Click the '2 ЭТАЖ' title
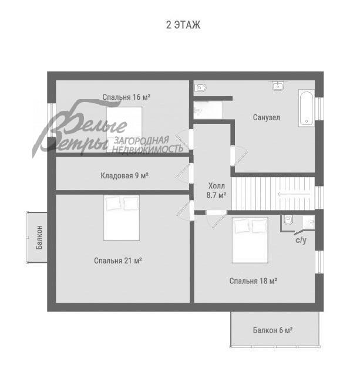[x=183, y=25]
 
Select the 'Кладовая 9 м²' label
[x=124, y=175]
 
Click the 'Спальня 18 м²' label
[x=253, y=281]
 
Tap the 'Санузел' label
[x=267, y=117]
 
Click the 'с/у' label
[x=301, y=240]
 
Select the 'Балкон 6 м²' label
[x=272, y=330]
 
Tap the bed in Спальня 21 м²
[x=122, y=217]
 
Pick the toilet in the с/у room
[x=288, y=221]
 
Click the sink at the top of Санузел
[x=278, y=86]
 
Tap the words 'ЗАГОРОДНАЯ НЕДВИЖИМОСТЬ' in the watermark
[x=148, y=144]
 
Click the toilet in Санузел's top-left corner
[x=200, y=88]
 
